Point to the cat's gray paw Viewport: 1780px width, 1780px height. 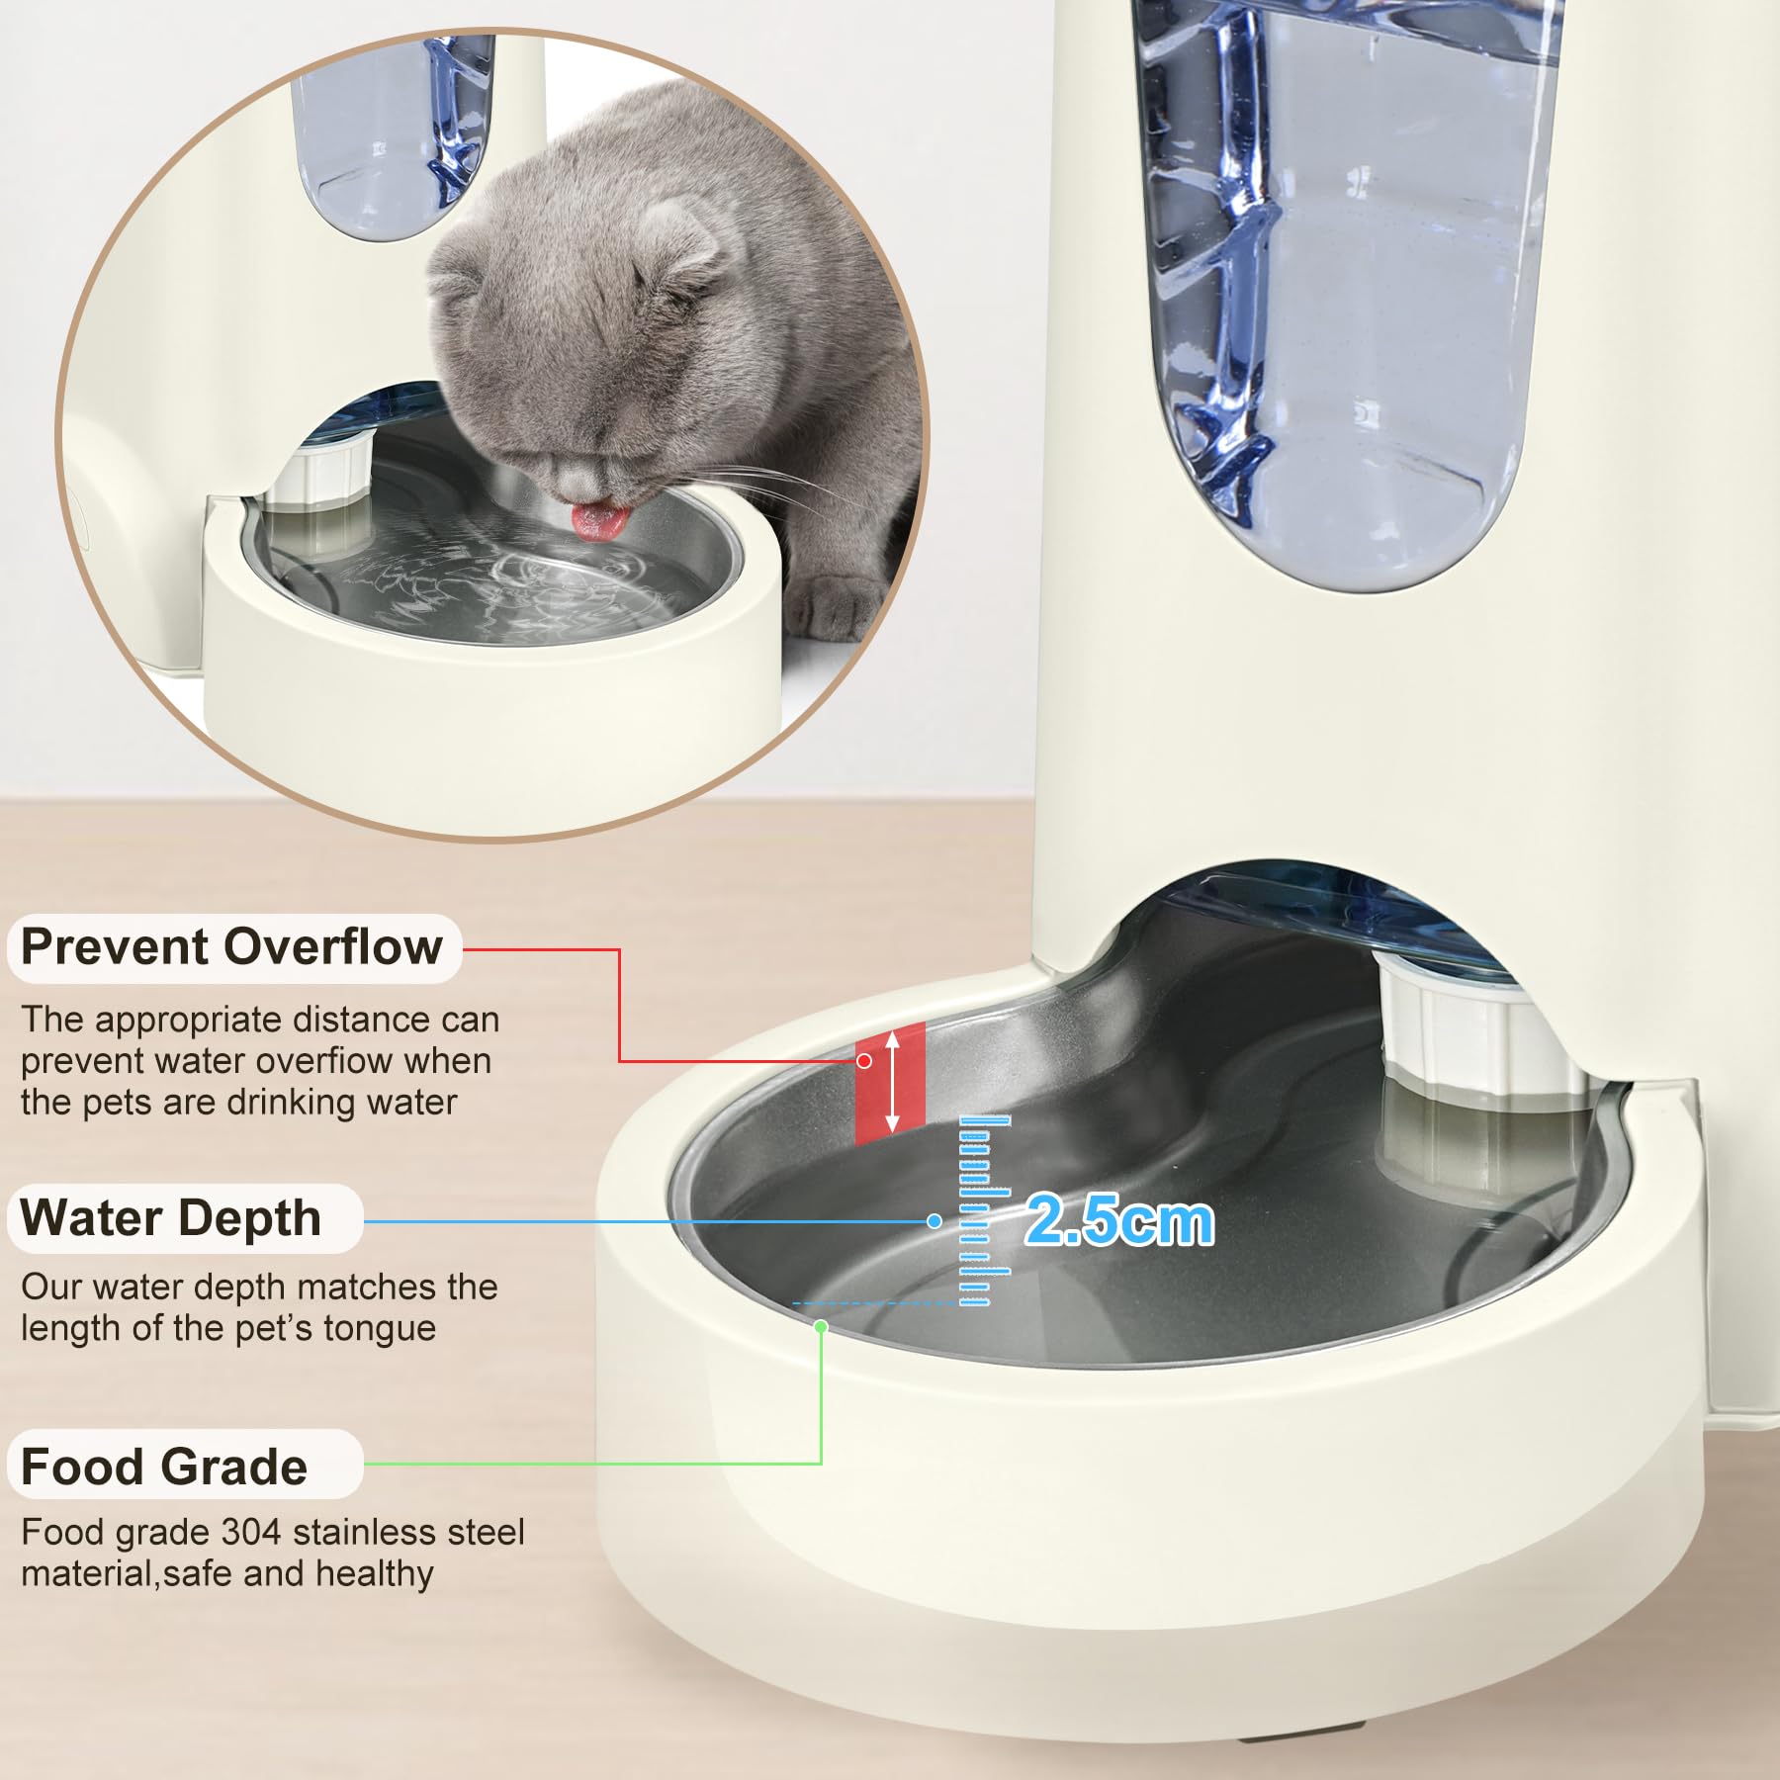point(841,605)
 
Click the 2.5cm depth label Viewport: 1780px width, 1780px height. point(1118,1220)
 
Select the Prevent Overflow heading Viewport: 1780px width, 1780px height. point(231,947)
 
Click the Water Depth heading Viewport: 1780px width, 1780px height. point(170,1217)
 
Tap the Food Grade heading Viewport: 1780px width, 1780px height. point(164,1467)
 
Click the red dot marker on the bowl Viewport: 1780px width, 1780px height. point(864,1061)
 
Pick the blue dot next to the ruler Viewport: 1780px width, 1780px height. point(934,1221)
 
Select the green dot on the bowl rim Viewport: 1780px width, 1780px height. point(820,1326)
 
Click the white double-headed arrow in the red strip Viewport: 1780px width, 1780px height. point(892,1081)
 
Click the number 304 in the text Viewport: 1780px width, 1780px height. point(251,1532)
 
